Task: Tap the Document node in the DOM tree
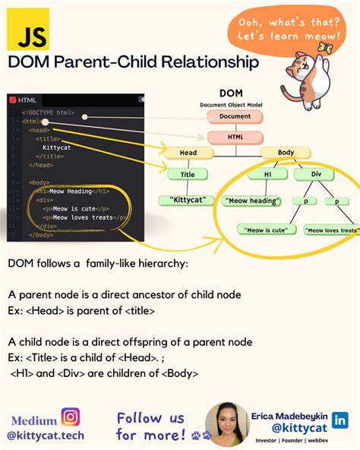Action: coord(235,117)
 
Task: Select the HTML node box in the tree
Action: coord(235,138)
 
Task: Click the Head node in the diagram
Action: coord(188,153)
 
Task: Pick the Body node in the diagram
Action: coord(286,153)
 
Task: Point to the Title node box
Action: coord(188,174)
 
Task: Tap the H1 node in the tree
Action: coord(267,174)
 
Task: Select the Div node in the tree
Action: coord(317,174)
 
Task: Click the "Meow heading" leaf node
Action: coord(252,201)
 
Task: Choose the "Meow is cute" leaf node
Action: coord(265,229)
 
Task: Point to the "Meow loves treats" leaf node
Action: coord(330,229)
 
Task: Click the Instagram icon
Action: coord(71,417)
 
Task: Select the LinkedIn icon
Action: coord(340,419)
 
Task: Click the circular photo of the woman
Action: coord(227,424)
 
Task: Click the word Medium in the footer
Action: coord(33,420)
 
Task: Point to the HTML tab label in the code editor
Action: coord(27,100)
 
